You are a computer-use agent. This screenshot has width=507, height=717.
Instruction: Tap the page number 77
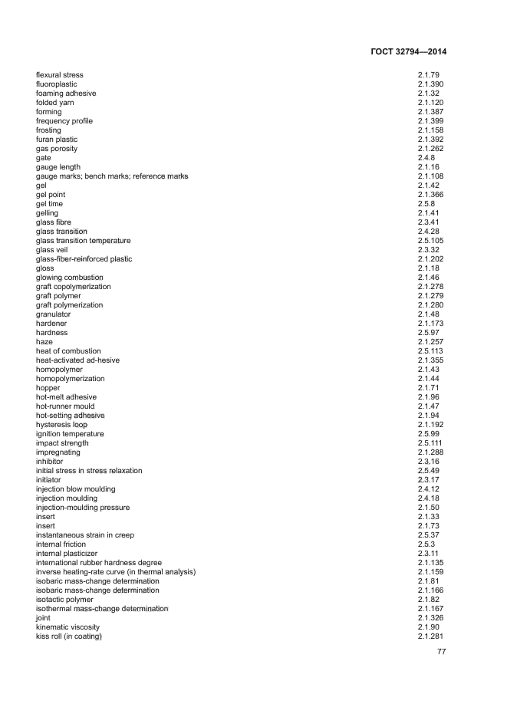441,652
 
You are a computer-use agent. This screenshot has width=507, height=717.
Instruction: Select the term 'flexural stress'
60,75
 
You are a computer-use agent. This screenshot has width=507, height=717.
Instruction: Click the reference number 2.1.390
431,84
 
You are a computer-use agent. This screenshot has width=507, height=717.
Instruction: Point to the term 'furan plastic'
57,140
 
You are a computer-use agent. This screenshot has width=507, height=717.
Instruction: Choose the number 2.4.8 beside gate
426,158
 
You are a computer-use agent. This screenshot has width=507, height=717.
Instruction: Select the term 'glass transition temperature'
84,241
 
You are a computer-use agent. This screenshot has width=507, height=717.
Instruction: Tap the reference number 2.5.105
431,241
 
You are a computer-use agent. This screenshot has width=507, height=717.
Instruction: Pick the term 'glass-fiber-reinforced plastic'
84,259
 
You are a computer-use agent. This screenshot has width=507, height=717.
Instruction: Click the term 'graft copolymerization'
74,287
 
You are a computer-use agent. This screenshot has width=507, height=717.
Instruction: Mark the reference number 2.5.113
431,351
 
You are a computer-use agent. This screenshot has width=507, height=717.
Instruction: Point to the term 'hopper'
48,388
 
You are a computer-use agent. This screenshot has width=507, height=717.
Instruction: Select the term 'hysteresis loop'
61,425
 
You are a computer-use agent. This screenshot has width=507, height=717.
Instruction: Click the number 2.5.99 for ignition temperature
429,434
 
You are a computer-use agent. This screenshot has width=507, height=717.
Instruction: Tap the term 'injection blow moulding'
76,489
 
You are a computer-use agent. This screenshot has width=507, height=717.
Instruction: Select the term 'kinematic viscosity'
67,627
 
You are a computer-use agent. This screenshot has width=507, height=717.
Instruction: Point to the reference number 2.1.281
431,636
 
